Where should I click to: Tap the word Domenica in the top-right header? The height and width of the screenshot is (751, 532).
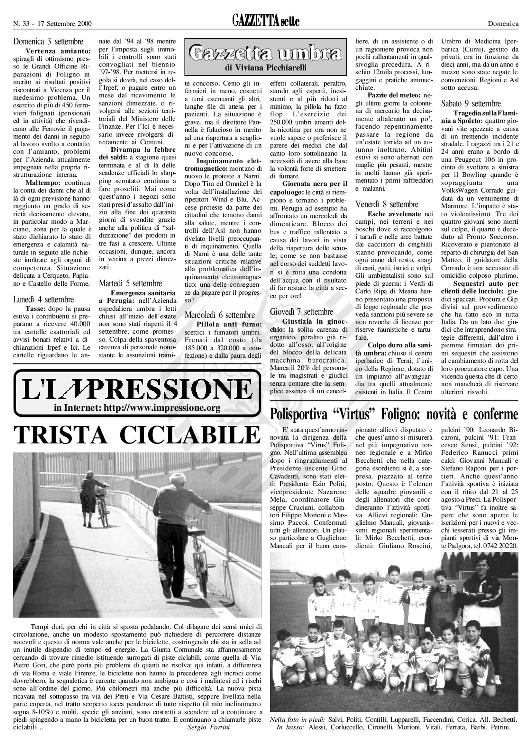(503, 24)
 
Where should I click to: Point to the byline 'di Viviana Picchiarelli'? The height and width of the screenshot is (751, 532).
(266, 68)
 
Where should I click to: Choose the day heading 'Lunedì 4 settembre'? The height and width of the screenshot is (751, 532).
(44, 300)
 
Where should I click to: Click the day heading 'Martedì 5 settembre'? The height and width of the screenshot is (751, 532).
(130, 283)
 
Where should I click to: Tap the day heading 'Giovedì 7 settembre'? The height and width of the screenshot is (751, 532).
(301, 312)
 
